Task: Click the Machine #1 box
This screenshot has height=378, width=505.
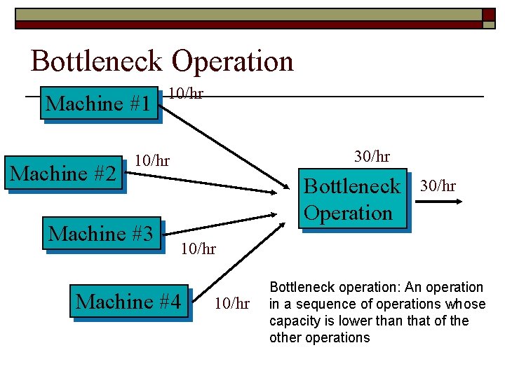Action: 97,104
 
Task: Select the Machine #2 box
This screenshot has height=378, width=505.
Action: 64,173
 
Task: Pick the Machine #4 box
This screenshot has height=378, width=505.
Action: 129,302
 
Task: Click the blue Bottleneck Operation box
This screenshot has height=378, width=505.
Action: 352,199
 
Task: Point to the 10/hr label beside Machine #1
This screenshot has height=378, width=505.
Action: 186,93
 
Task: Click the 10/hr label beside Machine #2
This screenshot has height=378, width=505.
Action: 152,160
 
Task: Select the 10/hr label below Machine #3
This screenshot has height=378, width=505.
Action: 198,248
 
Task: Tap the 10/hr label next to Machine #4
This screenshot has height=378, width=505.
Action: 231,303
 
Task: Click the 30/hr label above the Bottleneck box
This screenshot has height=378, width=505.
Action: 372,156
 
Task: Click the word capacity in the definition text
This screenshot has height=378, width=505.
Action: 293,321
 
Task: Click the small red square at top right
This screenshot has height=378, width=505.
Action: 488,15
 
